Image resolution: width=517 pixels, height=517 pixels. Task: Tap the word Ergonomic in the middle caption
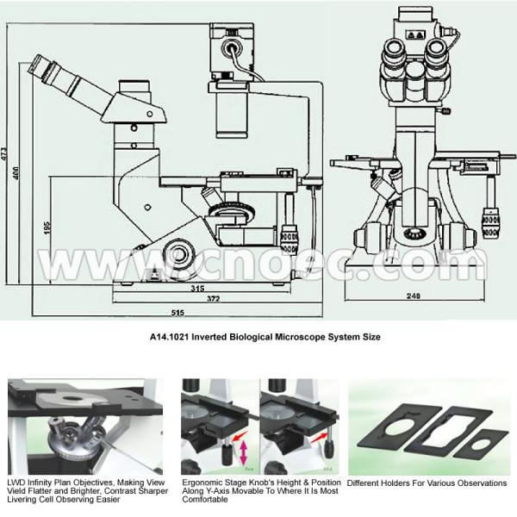point(201,483)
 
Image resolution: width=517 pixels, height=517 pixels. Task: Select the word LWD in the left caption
point(15,483)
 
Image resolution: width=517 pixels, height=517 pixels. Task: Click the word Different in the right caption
point(366,483)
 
